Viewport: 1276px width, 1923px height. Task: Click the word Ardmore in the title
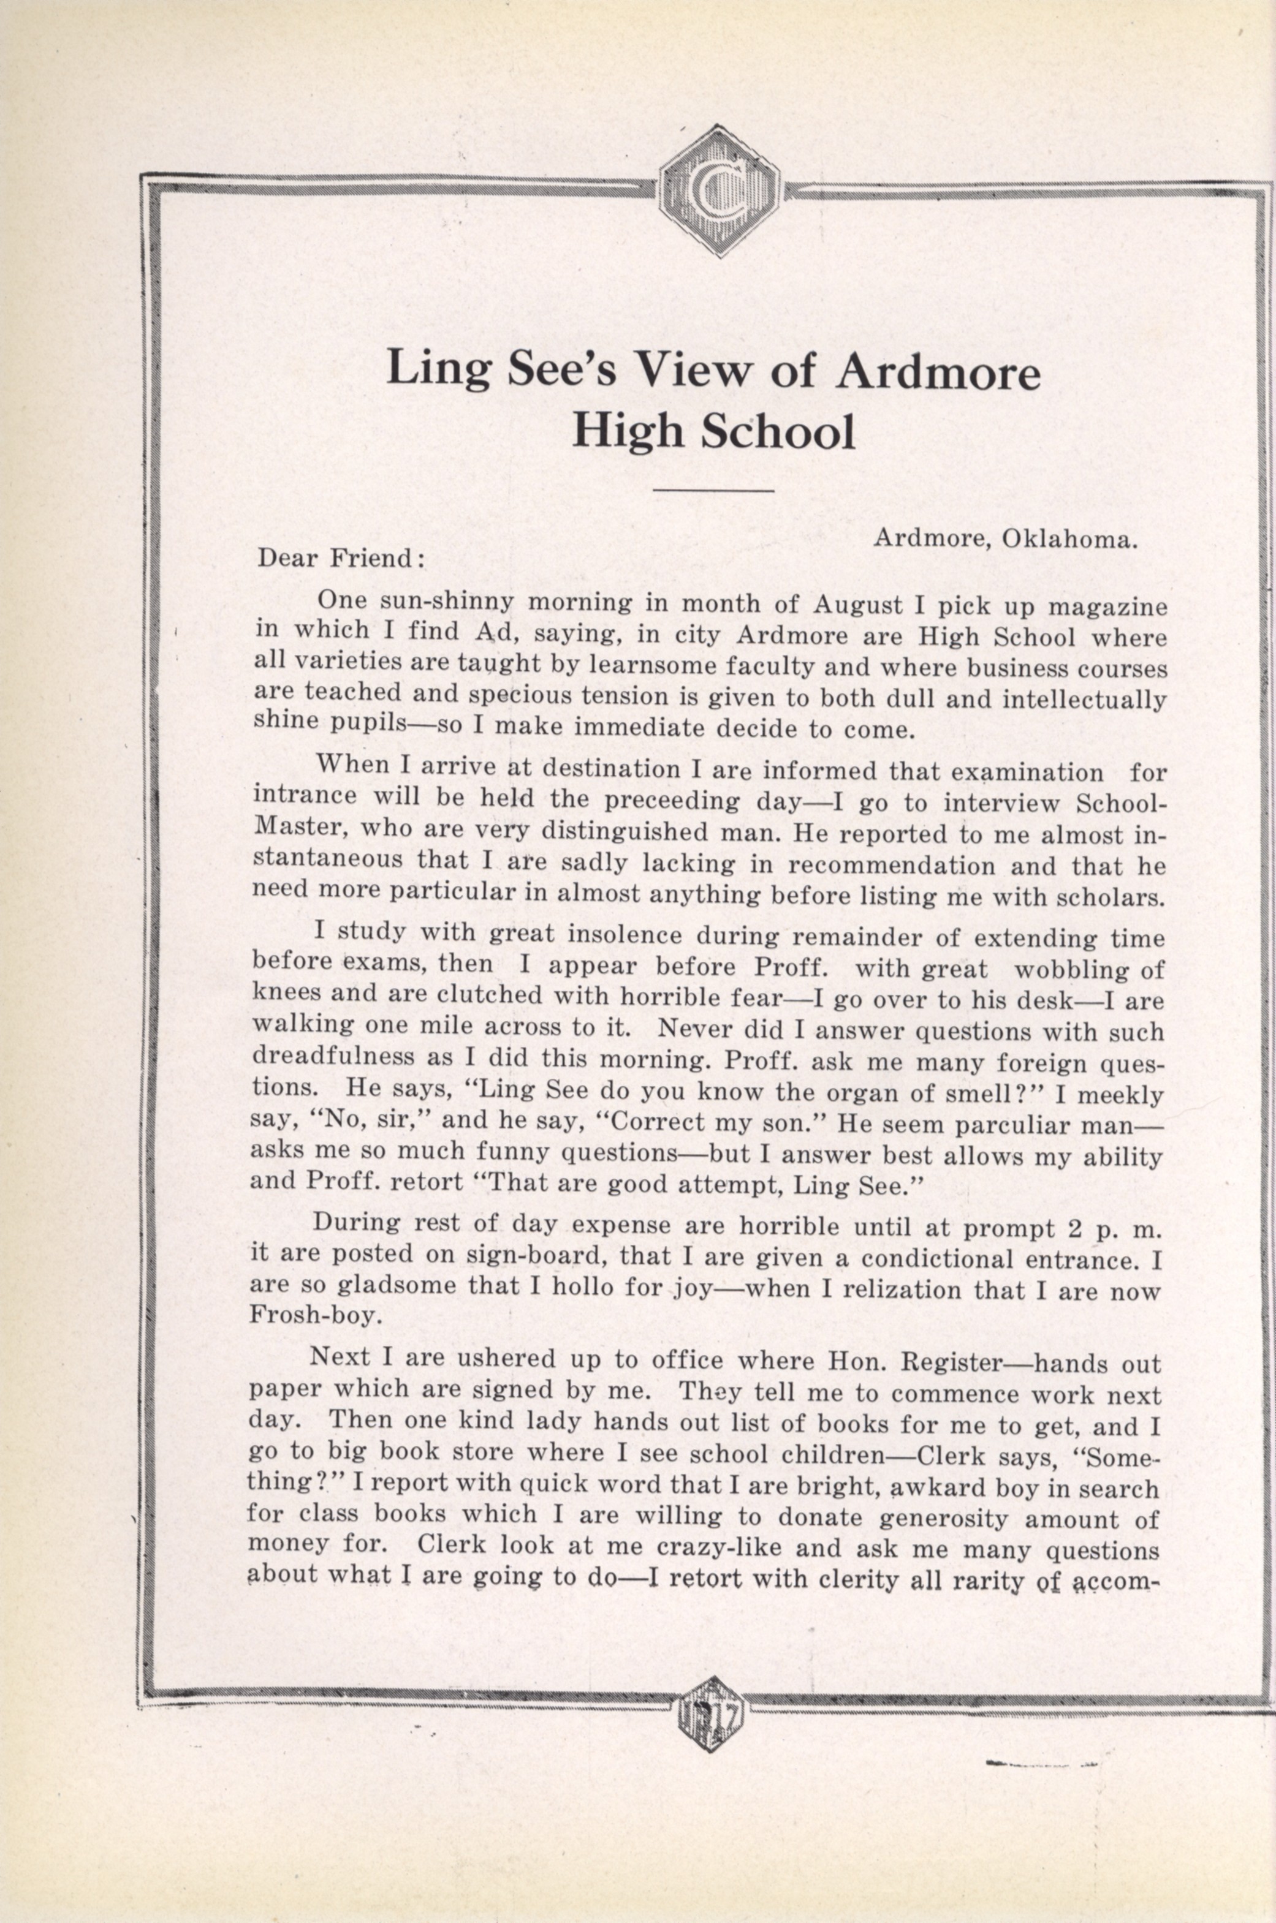tap(938, 372)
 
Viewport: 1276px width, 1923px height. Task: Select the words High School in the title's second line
tap(713, 432)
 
